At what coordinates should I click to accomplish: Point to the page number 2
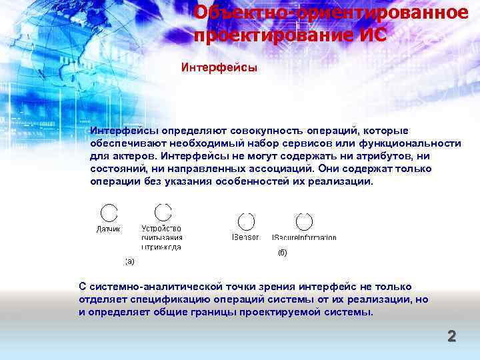(451, 336)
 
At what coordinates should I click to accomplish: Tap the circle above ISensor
(246, 221)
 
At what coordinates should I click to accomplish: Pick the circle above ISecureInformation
(305, 221)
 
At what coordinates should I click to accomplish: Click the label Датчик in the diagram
(108, 229)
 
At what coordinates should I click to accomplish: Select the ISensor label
(245, 237)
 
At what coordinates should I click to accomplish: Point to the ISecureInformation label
(304, 238)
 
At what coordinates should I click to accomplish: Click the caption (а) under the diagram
(129, 261)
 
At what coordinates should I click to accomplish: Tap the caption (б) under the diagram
(281, 253)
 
